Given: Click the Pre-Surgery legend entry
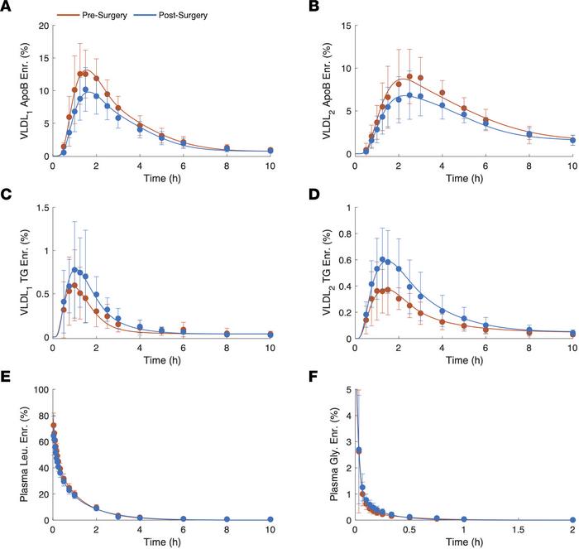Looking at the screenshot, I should (x=104, y=15).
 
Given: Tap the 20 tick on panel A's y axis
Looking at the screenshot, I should (x=41, y=26).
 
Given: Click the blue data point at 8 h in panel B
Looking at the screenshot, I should (x=529, y=135).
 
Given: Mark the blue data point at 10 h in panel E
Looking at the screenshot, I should (x=270, y=519).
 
